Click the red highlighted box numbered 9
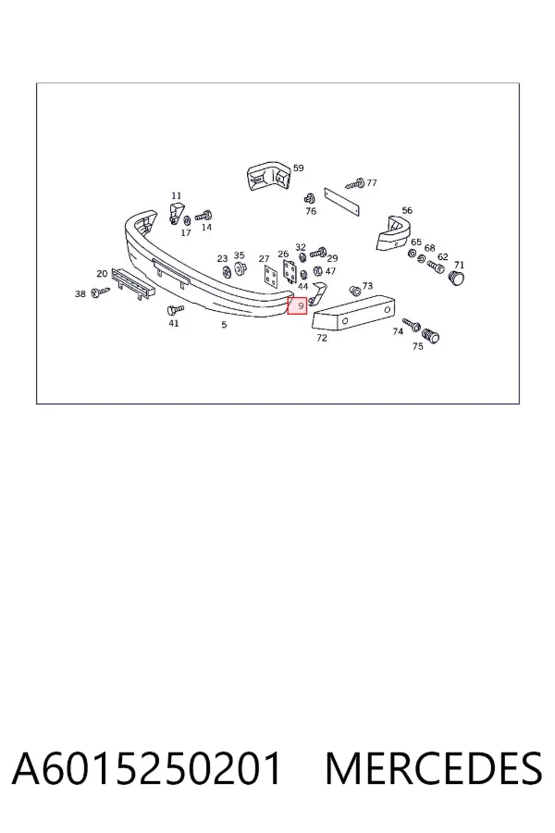298,305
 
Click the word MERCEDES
434,768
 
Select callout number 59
299,168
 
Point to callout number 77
372,182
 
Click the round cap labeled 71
456,278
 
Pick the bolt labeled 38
99,292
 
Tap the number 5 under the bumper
224,325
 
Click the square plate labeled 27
271,277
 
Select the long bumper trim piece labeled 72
353,313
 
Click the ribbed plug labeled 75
431,336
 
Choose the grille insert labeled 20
133,284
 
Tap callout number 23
222,259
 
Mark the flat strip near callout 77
342,202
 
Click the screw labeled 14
203,216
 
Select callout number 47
330,271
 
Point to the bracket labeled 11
177,212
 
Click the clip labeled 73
355,291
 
